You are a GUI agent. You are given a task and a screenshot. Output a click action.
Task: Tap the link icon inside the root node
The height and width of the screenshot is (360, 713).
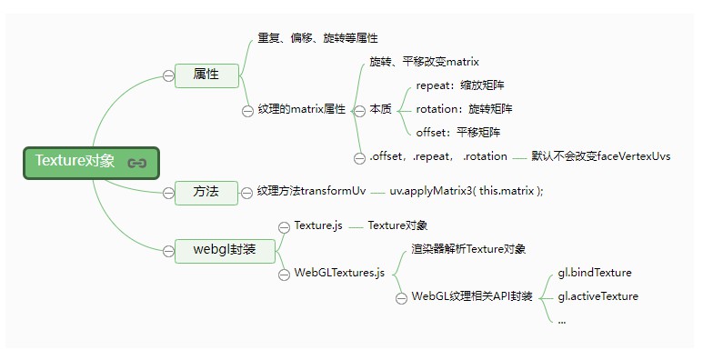click(137, 164)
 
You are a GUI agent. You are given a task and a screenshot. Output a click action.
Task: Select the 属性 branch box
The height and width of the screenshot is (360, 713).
click(206, 75)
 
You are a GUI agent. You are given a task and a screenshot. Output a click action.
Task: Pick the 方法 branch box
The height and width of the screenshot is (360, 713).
click(206, 192)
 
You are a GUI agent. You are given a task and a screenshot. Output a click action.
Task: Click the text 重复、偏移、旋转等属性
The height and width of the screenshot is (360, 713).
click(317, 38)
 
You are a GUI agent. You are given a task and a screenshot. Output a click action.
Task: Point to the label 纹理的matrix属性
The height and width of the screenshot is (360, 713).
click(302, 109)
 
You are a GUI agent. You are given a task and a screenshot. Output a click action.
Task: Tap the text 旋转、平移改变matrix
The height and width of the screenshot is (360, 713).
click(424, 62)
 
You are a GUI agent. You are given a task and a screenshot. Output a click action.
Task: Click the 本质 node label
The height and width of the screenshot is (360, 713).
click(381, 109)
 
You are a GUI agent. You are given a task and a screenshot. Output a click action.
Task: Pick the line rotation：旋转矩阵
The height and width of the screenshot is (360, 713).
click(464, 109)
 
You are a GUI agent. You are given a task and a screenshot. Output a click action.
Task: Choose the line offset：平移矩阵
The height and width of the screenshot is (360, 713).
click(460, 132)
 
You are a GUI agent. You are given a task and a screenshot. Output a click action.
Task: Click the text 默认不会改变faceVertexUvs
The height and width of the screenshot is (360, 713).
click(601, 156)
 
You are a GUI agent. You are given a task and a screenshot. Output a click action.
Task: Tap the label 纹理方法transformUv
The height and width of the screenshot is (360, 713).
click(311, 192)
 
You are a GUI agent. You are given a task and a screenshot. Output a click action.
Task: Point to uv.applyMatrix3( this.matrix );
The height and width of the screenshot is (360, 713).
click(466, 192)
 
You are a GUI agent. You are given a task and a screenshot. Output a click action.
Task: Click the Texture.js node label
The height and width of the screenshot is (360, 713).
click(317, 225)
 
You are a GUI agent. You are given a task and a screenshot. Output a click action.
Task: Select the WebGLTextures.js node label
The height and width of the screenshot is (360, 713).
click(339, 272)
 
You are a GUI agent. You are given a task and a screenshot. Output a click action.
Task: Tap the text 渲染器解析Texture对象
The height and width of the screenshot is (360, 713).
click(462, 248)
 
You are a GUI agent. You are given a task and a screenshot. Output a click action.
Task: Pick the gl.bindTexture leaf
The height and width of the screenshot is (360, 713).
click(595, 273)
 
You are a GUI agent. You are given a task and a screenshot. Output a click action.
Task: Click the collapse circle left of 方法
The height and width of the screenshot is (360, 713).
click(168, 193)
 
